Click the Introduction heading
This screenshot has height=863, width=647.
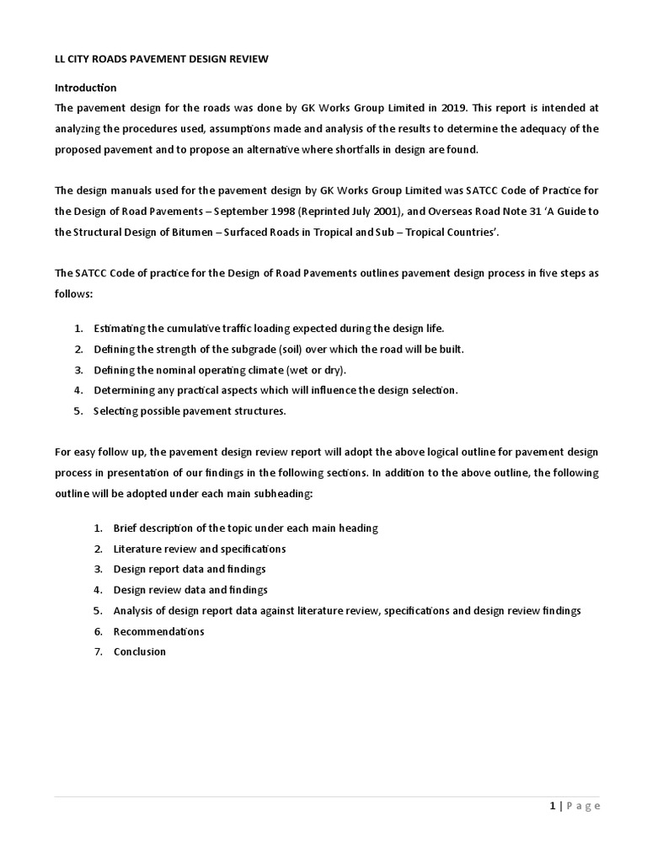(86, 88)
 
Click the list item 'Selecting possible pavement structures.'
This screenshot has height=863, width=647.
(190, 410)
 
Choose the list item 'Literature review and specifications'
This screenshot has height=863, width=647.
(200, 549)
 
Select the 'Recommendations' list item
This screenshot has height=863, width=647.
(158, 631)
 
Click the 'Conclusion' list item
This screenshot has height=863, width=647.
(140, 651)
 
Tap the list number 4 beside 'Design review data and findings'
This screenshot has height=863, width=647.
(98, 590)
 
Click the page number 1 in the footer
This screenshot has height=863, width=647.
(553, 806)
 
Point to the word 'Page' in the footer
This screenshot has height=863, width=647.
(583, 806)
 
